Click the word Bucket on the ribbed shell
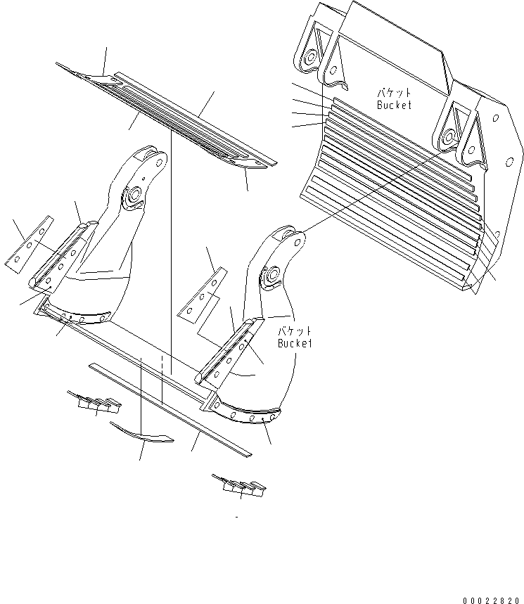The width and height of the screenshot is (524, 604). point(394,105)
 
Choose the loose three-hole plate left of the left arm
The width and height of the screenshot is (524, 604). point(27,244)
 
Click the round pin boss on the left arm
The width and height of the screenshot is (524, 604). point(132,198)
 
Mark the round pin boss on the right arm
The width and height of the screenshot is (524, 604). point(271,278)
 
